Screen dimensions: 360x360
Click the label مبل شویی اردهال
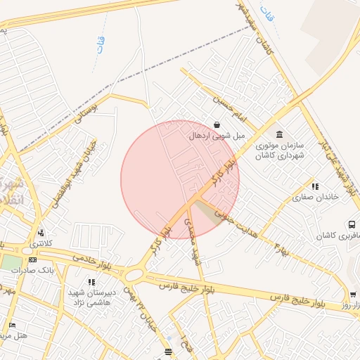[214, 135]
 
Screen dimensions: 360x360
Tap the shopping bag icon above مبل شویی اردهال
[215, 124]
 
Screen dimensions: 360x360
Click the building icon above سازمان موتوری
[279, 134]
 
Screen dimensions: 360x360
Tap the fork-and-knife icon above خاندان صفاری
[315, 186]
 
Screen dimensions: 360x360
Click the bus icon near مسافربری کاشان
[351, 225]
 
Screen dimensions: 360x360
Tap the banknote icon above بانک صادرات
[33, 260]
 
